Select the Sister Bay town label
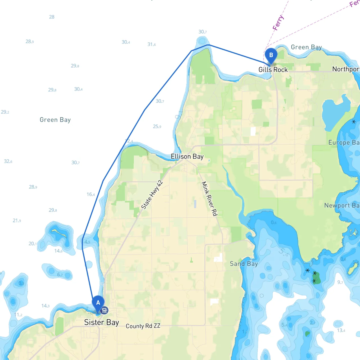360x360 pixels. click(x=102, y=322)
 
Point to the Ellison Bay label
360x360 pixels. click(x=187, y=156)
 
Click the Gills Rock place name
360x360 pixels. click(x=273, y=69)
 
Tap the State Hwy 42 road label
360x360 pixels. click(x=152, y=195)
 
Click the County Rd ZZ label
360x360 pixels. click(x=143, y=326)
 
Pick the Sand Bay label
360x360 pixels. click(x=244, y=264)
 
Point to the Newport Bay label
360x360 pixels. click(x=341, y=205)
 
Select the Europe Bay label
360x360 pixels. click(x=344, y=143)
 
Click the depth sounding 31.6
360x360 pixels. click(x=151, y=44)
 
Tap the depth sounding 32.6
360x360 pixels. click(x=8, y=161)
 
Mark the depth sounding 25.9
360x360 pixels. click(x=157, y=127)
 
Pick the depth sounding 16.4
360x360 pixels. click(x=91, y=194)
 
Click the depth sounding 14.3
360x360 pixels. click(x=45, y=306)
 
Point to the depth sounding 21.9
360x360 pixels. click(x=17, y=220)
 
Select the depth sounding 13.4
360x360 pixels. click(x=341, y=330)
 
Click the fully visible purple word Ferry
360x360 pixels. click(x=278, y=23)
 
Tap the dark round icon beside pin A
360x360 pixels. click(x=104, y=310)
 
